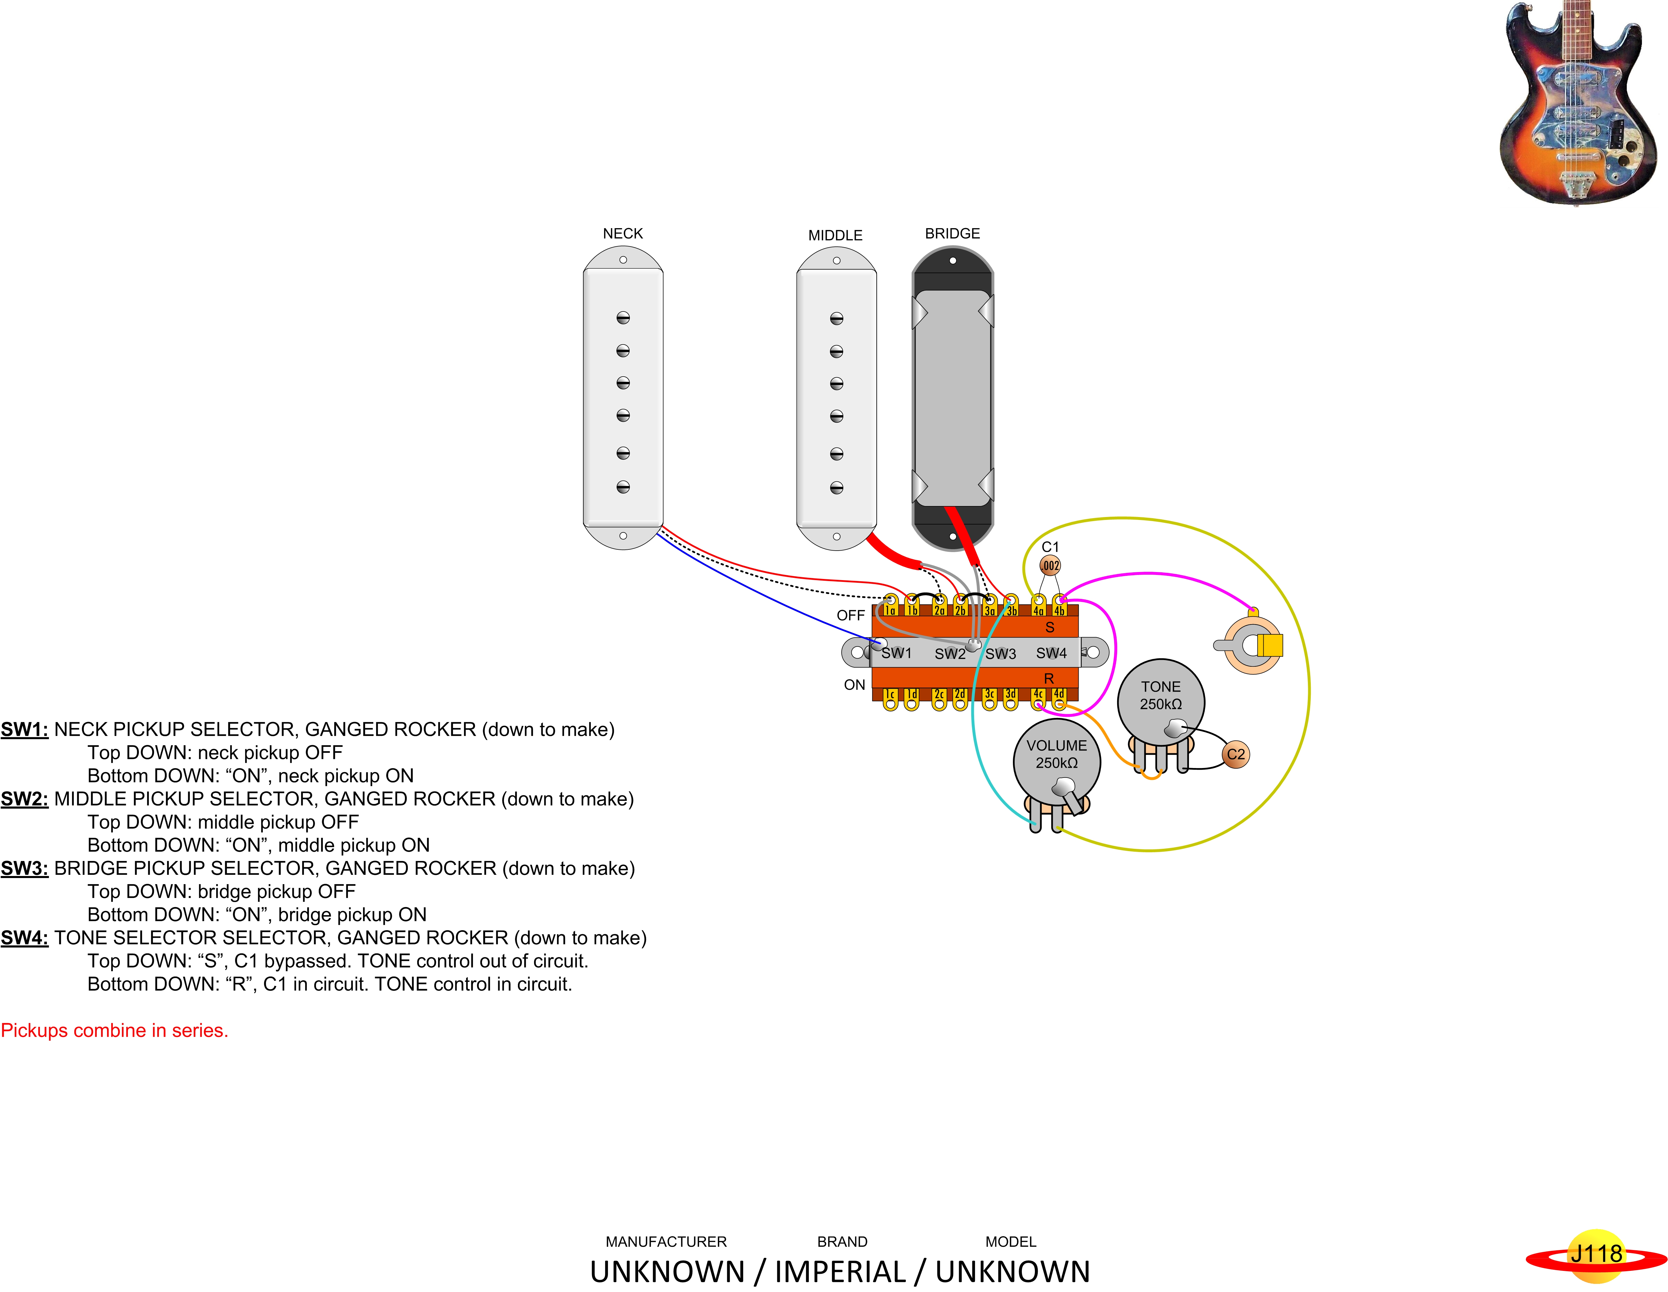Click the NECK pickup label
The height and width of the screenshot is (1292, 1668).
coord(622,234)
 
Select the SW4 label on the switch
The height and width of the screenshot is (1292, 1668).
coord(1051,653)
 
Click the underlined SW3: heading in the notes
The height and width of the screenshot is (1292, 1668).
coord(24,868)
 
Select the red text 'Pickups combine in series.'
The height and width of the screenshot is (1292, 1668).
coord(115,1030)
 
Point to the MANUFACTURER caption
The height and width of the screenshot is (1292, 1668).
coord(666,1242)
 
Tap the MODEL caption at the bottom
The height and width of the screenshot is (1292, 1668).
coord(1010,1242)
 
